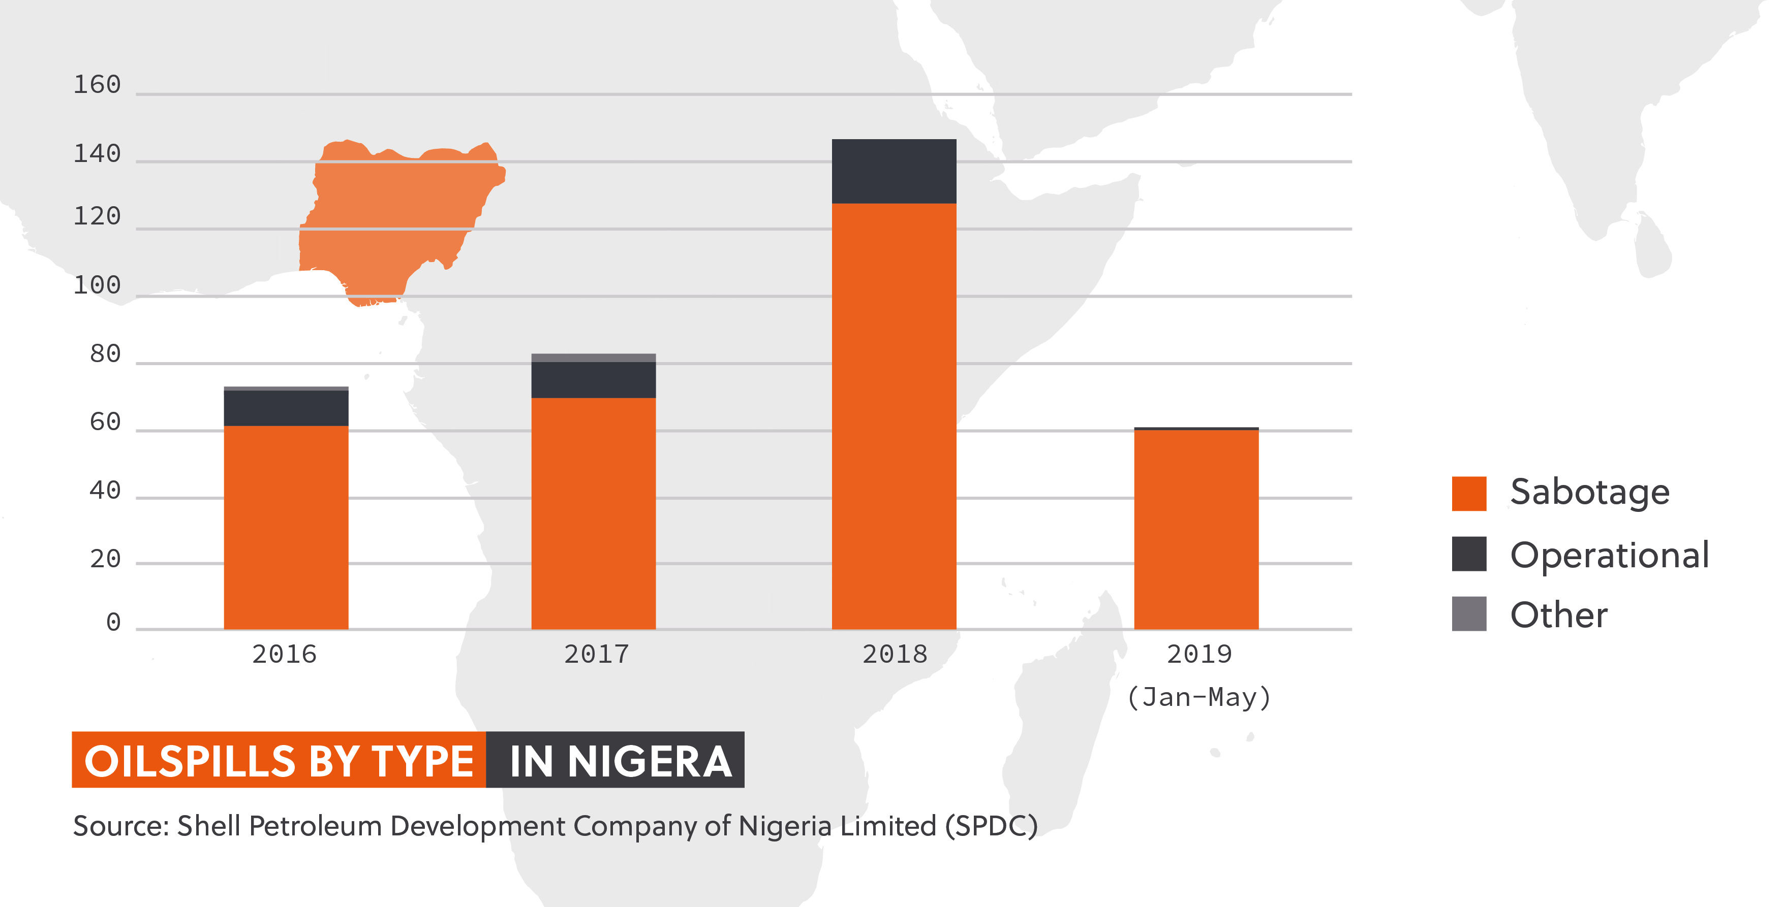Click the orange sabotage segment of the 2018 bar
[x=894, y=415]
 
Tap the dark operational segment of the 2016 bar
[x=286, y=408]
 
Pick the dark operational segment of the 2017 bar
[x=593, y=379]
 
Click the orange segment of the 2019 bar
[x=1196, y=529]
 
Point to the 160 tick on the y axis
[x=97, y=85]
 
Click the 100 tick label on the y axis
[x=97, y=285]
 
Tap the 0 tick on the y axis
[x=113, y=622]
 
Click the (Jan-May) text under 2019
[x=1199, y=697]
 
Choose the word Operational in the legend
[x=1609, y=555]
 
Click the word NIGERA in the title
[x=649, y=761]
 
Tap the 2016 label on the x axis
[x=284, y=654]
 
